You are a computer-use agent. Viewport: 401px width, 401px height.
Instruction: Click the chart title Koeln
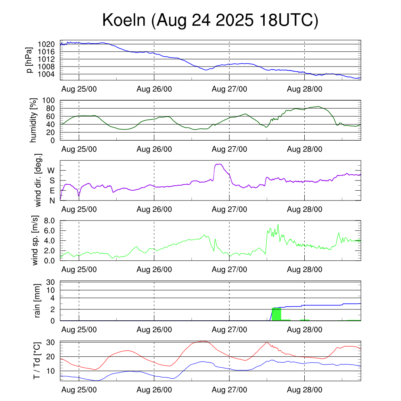(210, 20)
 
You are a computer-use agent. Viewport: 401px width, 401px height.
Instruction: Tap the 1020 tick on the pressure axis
(47, 44)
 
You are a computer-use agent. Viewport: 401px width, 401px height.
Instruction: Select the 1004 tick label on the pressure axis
(47, 74)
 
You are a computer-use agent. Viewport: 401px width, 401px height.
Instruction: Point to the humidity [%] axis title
(33, 120)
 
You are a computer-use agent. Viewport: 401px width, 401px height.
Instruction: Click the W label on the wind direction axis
(51, 170)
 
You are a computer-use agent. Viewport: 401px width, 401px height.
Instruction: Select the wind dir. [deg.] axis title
(38, 180)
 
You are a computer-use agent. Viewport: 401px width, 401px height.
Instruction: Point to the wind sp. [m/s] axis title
(35, 240)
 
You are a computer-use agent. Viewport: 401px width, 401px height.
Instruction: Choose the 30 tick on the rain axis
(51, 282)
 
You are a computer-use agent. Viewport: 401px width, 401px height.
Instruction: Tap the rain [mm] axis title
(38, 301)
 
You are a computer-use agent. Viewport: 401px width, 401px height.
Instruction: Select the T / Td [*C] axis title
(36, 360)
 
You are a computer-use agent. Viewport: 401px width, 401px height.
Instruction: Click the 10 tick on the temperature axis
(51, 370)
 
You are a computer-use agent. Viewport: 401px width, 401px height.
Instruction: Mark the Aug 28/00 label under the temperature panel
(305, 390)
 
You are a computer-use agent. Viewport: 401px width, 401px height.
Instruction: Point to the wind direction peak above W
(219, 164)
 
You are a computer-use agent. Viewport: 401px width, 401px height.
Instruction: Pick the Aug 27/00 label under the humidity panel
(229, 149)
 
